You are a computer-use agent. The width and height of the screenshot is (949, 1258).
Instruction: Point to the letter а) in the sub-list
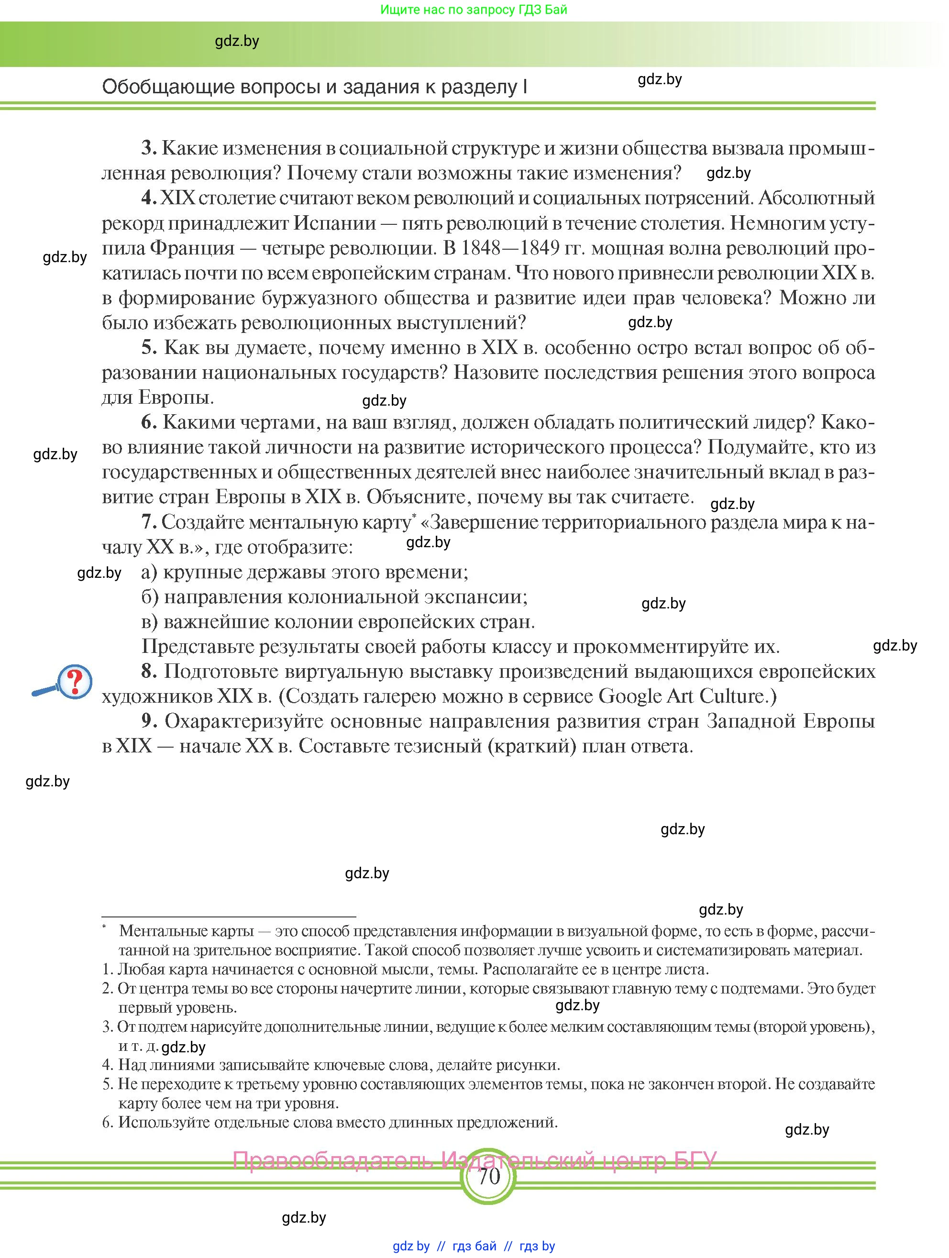(149, 572)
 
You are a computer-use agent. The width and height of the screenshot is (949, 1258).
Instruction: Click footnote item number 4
(108, 1065)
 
